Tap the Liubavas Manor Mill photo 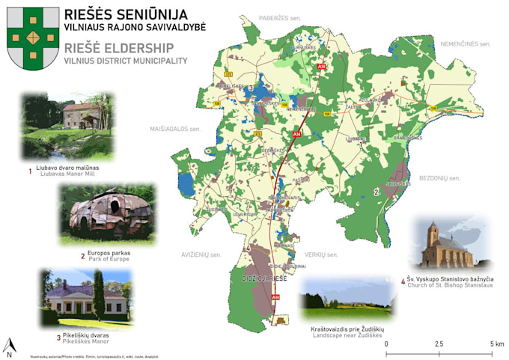[69, 125]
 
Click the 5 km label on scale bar [496, 344]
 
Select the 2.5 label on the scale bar [439, 344]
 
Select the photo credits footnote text [61, 355]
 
